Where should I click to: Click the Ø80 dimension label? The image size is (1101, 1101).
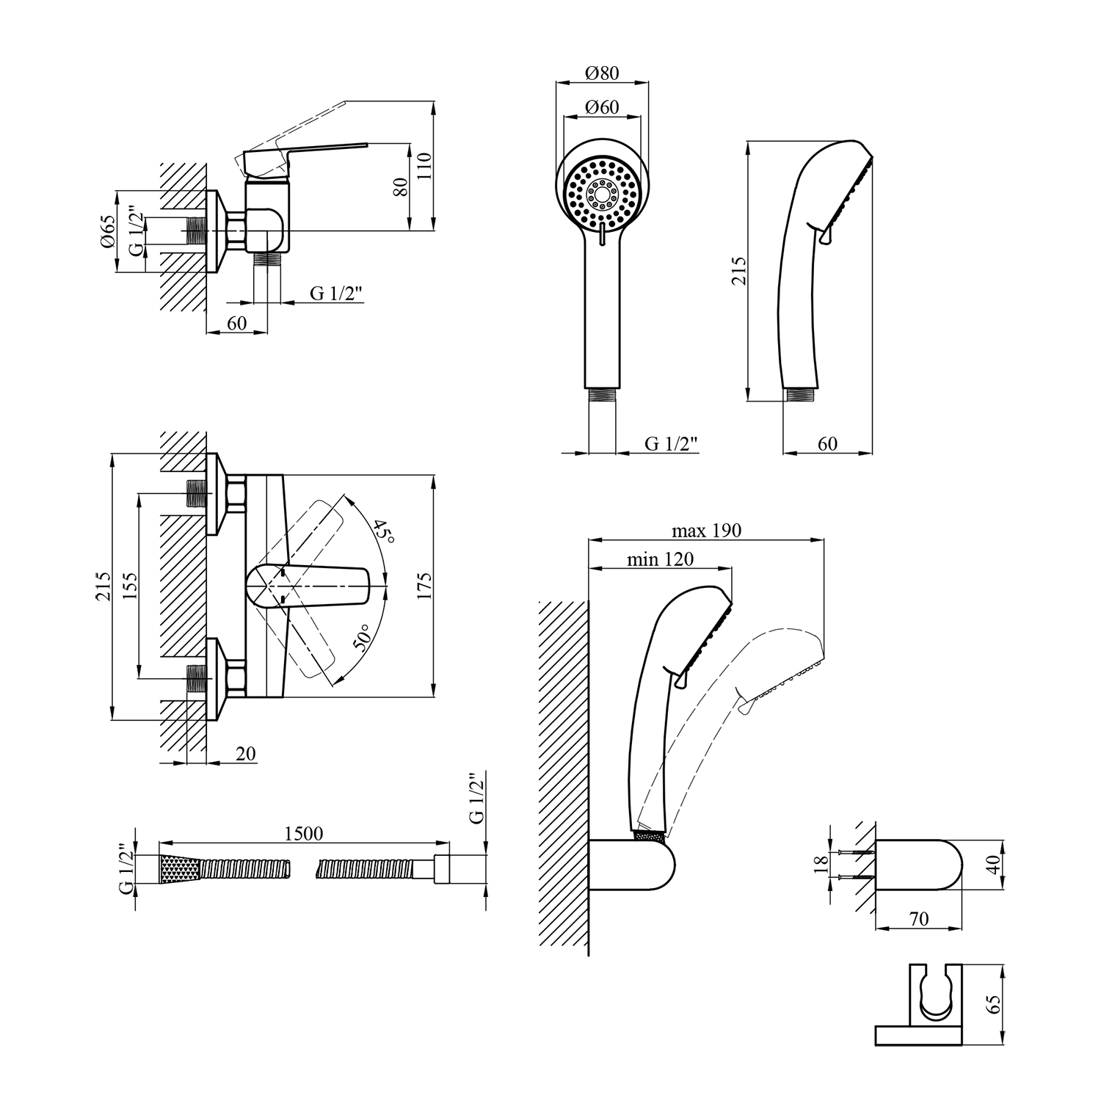pos(602,73)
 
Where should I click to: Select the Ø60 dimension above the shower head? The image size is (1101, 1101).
pos(602,107)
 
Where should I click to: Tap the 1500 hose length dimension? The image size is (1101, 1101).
pos(304,834)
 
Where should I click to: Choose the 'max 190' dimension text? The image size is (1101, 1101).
pos(706,531)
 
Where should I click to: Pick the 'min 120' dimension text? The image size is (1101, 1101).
pos(660,559)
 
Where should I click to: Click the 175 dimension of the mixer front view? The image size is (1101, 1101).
pos(424,586)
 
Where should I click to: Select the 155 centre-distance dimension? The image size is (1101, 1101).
pos(130,586)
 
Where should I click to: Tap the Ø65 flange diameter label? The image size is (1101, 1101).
pos(108,232)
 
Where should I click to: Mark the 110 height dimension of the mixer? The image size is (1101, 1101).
pos(424,167)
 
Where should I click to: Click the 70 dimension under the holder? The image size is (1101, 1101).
pos(918,918)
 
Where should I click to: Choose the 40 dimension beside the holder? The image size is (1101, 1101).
pos(994,864)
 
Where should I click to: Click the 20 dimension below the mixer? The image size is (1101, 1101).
pos(246,754)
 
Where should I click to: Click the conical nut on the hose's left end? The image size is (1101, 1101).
pos(180,870)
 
